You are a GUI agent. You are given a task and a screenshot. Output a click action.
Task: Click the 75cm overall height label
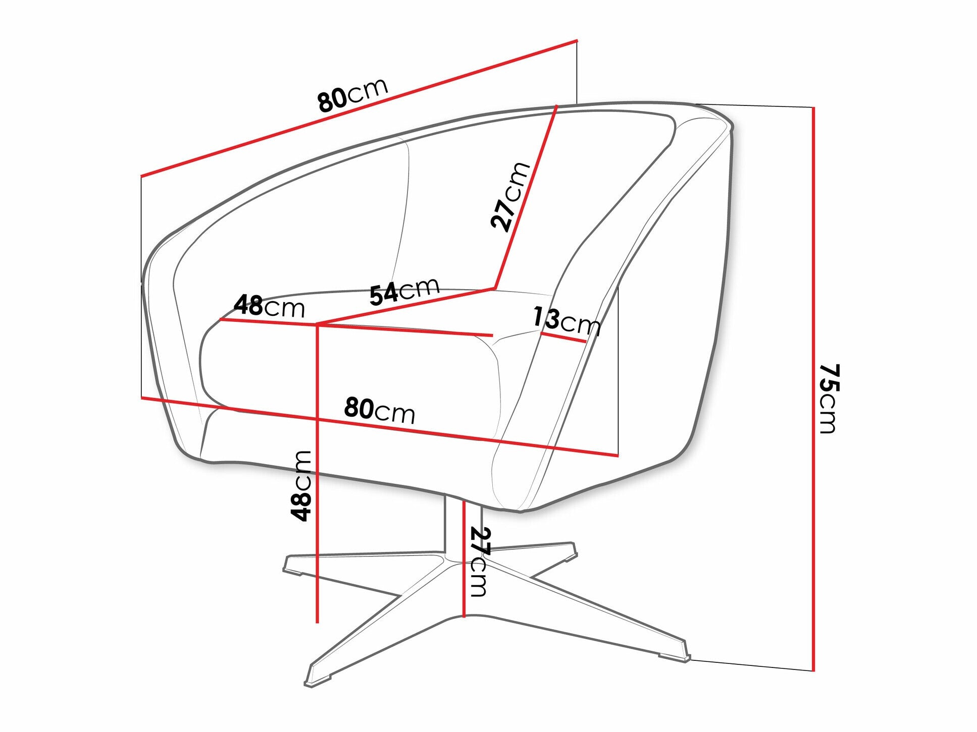point(828,399)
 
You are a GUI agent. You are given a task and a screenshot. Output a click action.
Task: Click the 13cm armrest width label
point(567,321)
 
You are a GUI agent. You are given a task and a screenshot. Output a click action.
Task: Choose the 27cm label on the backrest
point(510,196)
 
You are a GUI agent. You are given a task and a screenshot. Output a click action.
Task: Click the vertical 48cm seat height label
point(301,486)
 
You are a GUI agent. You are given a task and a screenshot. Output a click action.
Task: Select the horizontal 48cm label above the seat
point(270,306)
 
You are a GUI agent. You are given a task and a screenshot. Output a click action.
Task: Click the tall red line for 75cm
point(813,389)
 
